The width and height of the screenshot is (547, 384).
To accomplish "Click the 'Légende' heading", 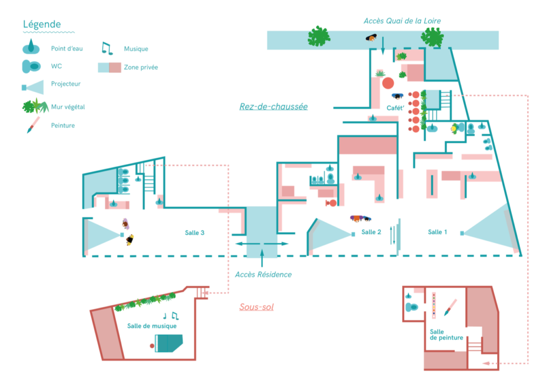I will pos(42,25).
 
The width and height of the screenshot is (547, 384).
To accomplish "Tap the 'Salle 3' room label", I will pos(195,232).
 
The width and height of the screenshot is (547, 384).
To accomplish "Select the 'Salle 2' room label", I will pos(371,232).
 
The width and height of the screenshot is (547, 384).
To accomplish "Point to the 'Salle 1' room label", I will pos(438,232).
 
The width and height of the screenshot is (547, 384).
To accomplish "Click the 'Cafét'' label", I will pos(395,107).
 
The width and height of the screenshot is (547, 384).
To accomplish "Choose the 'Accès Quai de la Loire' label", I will pos(402,21).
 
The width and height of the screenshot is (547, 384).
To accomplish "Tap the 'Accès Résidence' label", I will pos(263,274).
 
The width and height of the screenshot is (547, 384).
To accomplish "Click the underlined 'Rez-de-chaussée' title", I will pos(273,106).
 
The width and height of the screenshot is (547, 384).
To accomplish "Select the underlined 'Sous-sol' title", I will pos(256,307).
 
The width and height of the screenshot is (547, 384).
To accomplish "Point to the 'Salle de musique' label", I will pos(152,326).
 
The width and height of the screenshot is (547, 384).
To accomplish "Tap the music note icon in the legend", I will pos(107,49).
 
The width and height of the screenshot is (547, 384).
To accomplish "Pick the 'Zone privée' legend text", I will pos(140,67).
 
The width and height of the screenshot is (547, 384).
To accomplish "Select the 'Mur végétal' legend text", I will pos(68,107).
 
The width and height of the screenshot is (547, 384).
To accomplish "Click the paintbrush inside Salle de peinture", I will pos(450,307).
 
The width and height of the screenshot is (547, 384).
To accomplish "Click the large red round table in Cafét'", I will pos(388,83).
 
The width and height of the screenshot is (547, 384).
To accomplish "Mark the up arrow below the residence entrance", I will pos(262,259).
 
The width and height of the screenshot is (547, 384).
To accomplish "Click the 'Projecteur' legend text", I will pos(66,84).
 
